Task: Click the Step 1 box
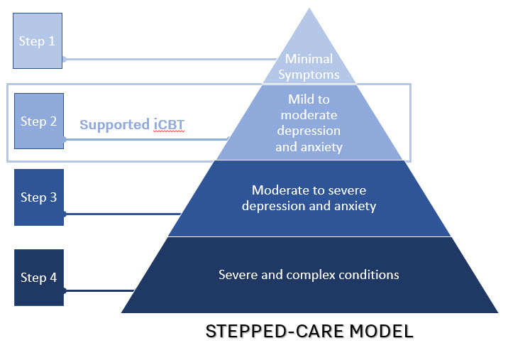coord(38,41)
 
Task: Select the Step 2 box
coord(39,121)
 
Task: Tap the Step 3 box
coord(39,197)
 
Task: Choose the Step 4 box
coord(39,278)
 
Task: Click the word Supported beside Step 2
coord(114,125)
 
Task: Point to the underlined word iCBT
coord(169,125)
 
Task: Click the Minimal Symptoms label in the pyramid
coord(309,67)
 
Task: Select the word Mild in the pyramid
coord(299,99)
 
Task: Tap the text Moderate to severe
coord(309,190)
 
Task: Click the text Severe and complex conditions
coord(309,275)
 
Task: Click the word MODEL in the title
coord(382,331)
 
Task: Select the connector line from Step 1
coord(170,59)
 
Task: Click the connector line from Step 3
coord(122,214)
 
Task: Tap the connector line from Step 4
coord(99,290)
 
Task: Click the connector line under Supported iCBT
coord(146,139)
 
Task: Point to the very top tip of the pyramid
coord(309,9)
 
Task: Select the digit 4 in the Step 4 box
coord(53,278)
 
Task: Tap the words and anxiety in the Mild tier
coord(309,147)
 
